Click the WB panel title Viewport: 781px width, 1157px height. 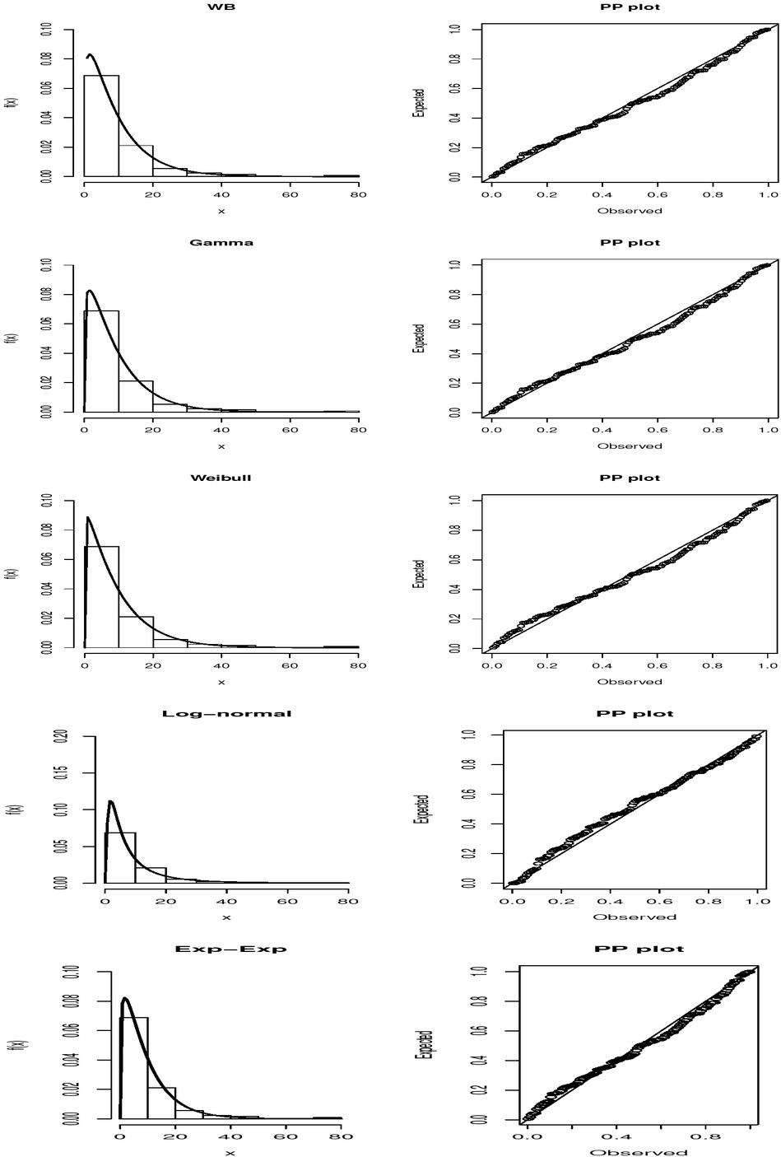click(x=221, y=7)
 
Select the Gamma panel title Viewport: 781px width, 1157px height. click(x=221, y=243)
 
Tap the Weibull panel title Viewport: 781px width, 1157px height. click(x=221, y=478)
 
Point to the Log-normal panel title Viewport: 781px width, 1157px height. click(x=226, y=714)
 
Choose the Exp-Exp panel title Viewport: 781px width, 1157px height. click(x=230, y=949)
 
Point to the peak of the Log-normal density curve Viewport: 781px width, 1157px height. click(x=110, y=801)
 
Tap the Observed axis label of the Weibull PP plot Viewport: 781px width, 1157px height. click(x=630, y=682)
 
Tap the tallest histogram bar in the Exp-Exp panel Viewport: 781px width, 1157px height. click(x=133, y=1067)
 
